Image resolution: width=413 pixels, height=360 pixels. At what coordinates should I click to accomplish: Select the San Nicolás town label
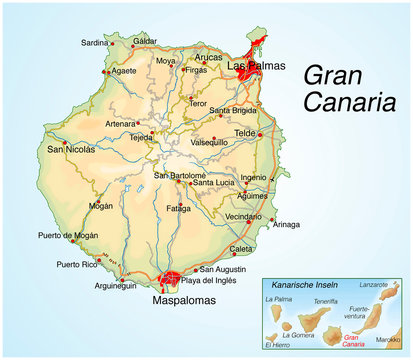[x=71, y=149]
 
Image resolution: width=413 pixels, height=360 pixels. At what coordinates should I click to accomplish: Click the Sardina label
[x=94, y=43]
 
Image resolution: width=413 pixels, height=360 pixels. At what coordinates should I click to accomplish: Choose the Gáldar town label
[x=145, y=41]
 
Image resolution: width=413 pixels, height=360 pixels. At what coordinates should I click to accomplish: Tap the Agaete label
[x=125, y=71]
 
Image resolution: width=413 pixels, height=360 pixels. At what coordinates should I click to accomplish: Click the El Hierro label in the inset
[x=280, y=345]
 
